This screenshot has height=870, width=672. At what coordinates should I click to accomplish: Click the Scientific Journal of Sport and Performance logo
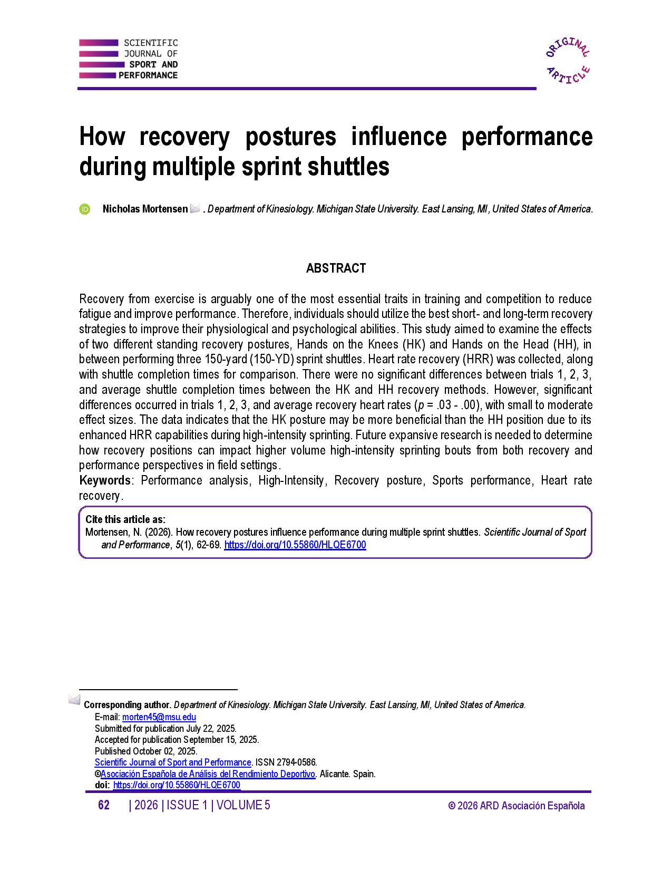[x=128, y=59]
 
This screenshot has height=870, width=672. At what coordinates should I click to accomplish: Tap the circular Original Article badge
[x=568, y=61]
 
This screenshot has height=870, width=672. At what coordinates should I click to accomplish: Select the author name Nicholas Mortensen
[x=145, y=209]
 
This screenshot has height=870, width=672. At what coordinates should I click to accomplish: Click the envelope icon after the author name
[x=194, y=209]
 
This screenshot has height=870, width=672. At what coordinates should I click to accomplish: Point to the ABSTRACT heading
[x=336, y=268]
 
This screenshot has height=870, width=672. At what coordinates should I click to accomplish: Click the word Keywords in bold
[x=105, y=480]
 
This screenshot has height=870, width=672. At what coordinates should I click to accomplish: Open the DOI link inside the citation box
[x=295, y=545]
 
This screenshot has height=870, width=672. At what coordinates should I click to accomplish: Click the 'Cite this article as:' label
[x=125, y=519]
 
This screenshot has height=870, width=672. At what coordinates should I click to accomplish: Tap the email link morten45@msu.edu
[x=159, y=717]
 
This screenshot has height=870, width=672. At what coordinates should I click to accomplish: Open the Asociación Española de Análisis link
[x=208, y=774]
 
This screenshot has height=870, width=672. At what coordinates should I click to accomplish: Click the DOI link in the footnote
[x=177, y=785]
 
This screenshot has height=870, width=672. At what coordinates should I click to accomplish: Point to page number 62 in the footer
[x=104, y=805]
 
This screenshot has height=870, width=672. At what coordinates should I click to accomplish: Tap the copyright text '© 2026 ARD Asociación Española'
[x=516, y=806]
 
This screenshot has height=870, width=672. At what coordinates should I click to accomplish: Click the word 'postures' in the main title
[x=290, y=137]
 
